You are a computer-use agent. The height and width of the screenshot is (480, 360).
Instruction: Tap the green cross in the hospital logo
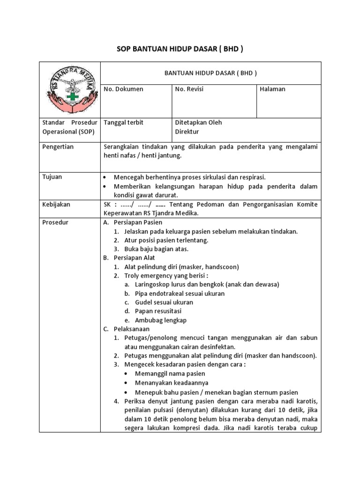[x=72, y=97]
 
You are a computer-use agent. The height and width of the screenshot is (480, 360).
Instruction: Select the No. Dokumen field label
[x=124, y=89]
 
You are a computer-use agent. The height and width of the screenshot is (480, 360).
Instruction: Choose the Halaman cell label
[x=273, y=89]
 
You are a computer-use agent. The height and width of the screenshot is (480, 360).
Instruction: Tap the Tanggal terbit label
[x=124, y=123]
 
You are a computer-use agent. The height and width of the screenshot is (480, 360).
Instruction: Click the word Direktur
[x=187, y=132]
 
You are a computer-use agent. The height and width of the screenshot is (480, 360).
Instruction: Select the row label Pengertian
[x=58, y=147]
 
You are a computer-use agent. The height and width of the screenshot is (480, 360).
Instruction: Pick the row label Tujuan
[x=52, y=177]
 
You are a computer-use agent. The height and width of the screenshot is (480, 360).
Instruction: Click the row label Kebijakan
[x=55, y=204]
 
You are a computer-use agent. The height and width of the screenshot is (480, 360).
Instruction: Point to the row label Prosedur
[x=55, y=223]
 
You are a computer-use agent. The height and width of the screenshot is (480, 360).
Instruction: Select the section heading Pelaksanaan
[x=131, y=329]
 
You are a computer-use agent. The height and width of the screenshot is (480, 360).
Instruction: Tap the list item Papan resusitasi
[x=158, y=311]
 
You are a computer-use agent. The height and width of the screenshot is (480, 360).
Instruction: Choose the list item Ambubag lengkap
[x=161, y=320]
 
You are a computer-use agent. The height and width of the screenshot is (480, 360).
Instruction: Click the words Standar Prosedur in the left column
[x=69, y=123]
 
